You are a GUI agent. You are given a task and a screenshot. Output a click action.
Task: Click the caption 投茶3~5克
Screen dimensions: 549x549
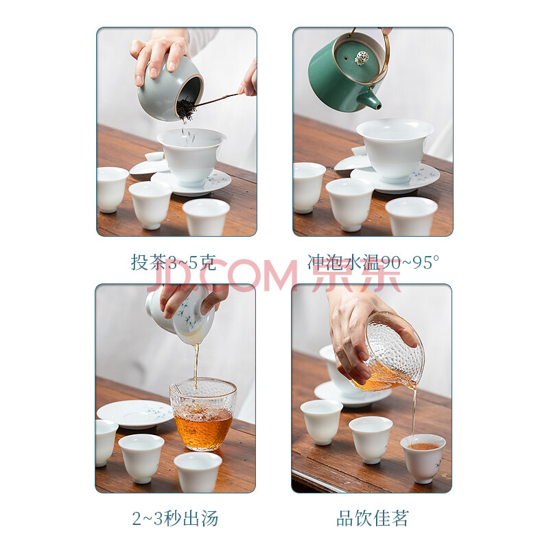pos(174,262)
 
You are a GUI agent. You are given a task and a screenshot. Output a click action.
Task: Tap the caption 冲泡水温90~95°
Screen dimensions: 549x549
pos(373,262)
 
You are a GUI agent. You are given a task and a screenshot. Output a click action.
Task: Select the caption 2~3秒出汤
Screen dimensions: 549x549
pos(175,518)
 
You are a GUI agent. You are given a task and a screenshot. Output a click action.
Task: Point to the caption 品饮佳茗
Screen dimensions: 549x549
pos(372,518)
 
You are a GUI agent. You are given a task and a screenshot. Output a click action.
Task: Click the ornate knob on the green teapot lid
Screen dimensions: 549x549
pos(361,58)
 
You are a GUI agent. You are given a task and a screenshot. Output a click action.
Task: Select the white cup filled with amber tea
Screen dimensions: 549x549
pos(423,457)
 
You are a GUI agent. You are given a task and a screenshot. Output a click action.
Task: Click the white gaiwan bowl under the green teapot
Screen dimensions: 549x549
pos(395,149)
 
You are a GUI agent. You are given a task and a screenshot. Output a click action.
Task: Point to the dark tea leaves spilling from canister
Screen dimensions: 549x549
pos(185,108)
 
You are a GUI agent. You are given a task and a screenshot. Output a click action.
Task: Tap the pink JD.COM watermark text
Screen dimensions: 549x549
pos(222,275)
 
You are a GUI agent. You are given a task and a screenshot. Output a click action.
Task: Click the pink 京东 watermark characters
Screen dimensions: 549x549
pos(356,275)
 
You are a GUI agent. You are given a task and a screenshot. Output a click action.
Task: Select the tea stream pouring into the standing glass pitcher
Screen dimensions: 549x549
pos(196,366)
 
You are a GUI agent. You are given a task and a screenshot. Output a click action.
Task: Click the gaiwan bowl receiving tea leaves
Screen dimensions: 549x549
pos(191,156)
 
